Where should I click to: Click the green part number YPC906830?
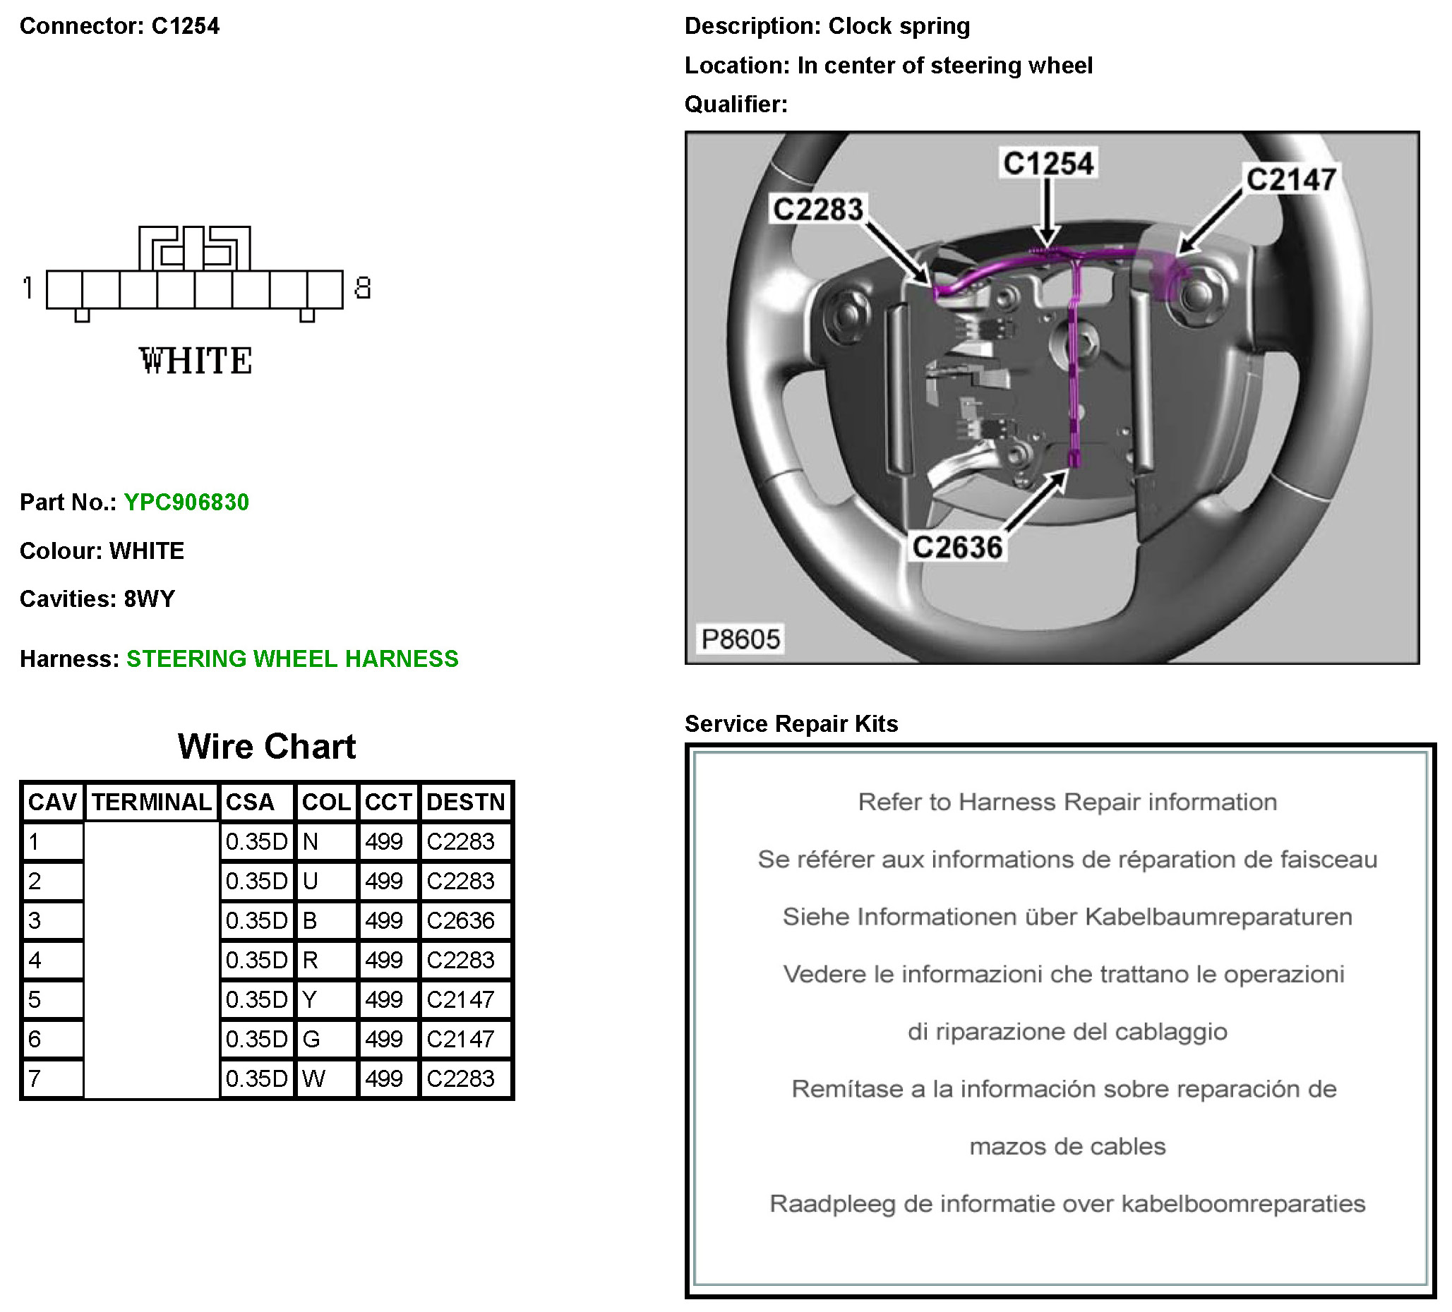pyautogui.click(x=186, y=502)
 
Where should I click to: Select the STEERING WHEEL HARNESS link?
pyautogui.click(x=292, y=658)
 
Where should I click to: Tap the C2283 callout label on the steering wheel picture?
pyautogui.click(x=817, y=210)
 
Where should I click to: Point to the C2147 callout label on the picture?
pyautogui.click(x=1291, y=179)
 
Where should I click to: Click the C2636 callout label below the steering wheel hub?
pyautogui.click(x=957, y=547)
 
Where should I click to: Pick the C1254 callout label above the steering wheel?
pyautogui.click(x=1048, y=164)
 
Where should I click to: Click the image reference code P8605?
pyautogui.click(x=740, y=639)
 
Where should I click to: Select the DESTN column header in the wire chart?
pyautogui.click(x=465, y=802)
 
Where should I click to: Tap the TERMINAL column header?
pyautogui.click(x=151, y=802)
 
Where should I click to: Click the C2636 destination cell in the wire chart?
pyautogui.click(x=461, y=920)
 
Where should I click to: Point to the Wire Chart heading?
pyautogui.click(x=267, y=746)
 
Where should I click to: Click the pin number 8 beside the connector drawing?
pyautogui.click(x=362, y=288)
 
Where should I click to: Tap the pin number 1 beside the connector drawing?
pyautogui.click(x=28, y=288)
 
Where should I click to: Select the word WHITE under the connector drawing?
pyautogui.click(x=196, y=361)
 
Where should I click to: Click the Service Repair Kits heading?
pyautogui.click(x=791, y=723)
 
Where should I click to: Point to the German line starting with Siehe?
pyautogui.click(x=1067, y=917)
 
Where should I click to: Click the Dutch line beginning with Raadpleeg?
pyautogui.click(x=1067, y=1203)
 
